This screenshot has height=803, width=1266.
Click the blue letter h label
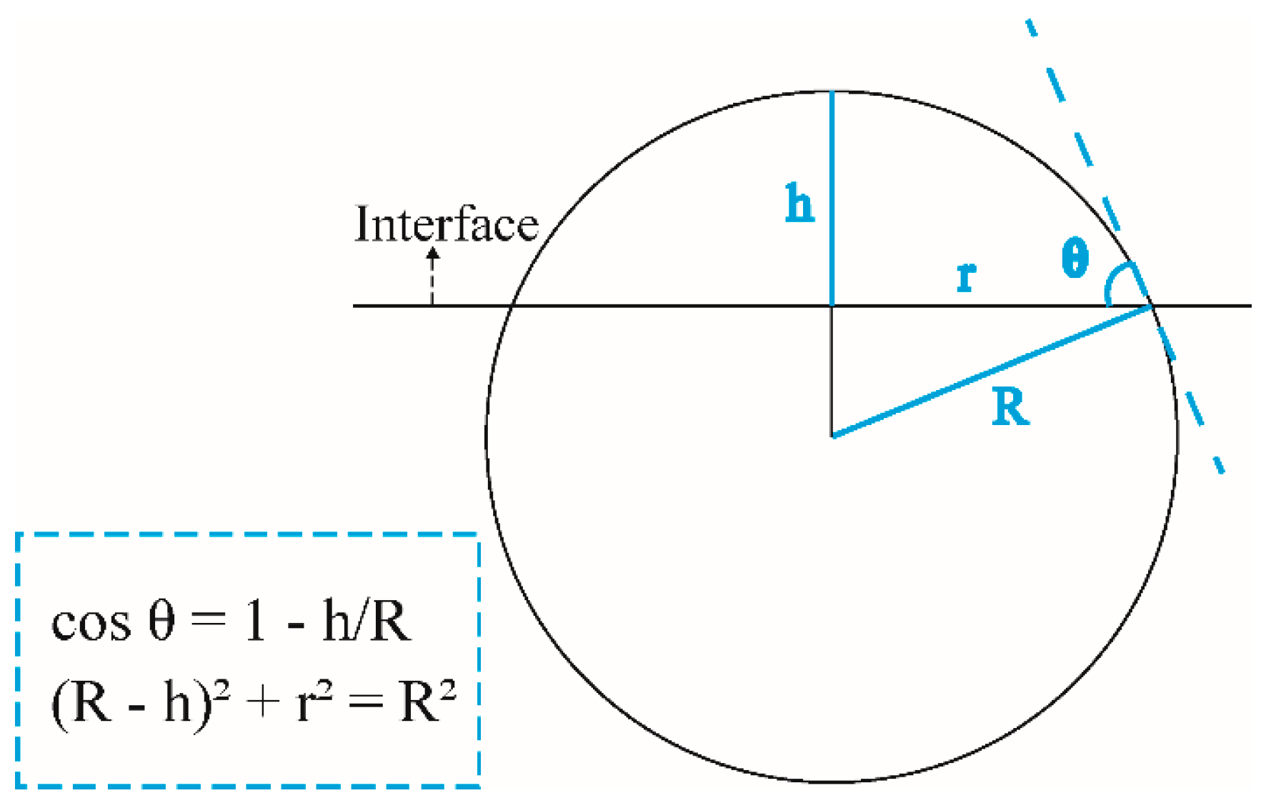799,204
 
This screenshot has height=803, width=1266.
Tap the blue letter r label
966,277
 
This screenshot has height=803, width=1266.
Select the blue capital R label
1011,408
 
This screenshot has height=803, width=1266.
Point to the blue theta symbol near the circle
1075,258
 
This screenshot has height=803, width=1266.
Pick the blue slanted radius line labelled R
993,371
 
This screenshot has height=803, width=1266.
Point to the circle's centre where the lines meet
832,435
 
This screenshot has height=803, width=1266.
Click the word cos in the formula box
91,623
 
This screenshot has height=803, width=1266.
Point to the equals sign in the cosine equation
209,619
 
